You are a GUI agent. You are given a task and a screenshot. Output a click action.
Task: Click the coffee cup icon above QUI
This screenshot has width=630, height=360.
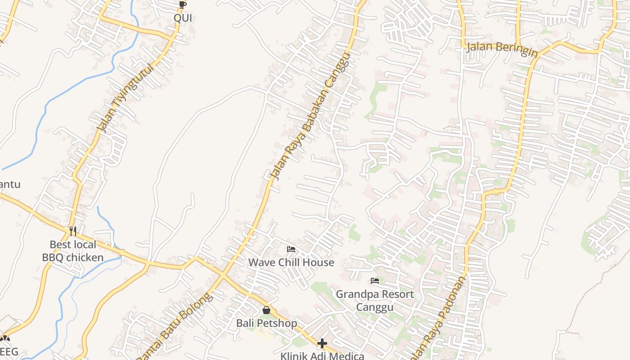182,5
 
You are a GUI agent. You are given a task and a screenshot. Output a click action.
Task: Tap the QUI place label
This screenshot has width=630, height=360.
183,18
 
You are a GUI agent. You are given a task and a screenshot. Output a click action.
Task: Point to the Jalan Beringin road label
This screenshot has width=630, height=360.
502,49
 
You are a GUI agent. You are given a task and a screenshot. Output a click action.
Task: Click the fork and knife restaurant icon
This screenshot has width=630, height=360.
73,231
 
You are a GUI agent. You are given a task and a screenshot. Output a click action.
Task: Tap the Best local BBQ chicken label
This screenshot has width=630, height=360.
73,251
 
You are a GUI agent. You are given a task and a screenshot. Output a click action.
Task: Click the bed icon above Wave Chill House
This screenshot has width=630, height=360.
291,249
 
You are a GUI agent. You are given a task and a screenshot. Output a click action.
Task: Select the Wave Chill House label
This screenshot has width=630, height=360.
291,262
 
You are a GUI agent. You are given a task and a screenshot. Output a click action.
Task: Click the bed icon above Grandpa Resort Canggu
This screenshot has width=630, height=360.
374,281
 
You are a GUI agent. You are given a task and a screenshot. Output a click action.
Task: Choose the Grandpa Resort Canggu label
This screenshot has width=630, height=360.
375,301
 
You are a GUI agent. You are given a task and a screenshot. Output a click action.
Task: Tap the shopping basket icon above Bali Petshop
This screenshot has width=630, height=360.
266,310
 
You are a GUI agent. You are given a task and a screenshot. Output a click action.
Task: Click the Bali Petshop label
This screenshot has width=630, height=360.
266,323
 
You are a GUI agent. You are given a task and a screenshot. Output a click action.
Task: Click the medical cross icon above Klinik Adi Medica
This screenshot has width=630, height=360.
322,344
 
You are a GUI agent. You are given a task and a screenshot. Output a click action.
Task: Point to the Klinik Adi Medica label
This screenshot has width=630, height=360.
322,356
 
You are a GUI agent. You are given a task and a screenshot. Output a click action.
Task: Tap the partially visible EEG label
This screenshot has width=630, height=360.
9,351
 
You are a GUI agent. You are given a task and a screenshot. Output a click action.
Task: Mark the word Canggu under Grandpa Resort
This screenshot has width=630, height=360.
375,307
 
